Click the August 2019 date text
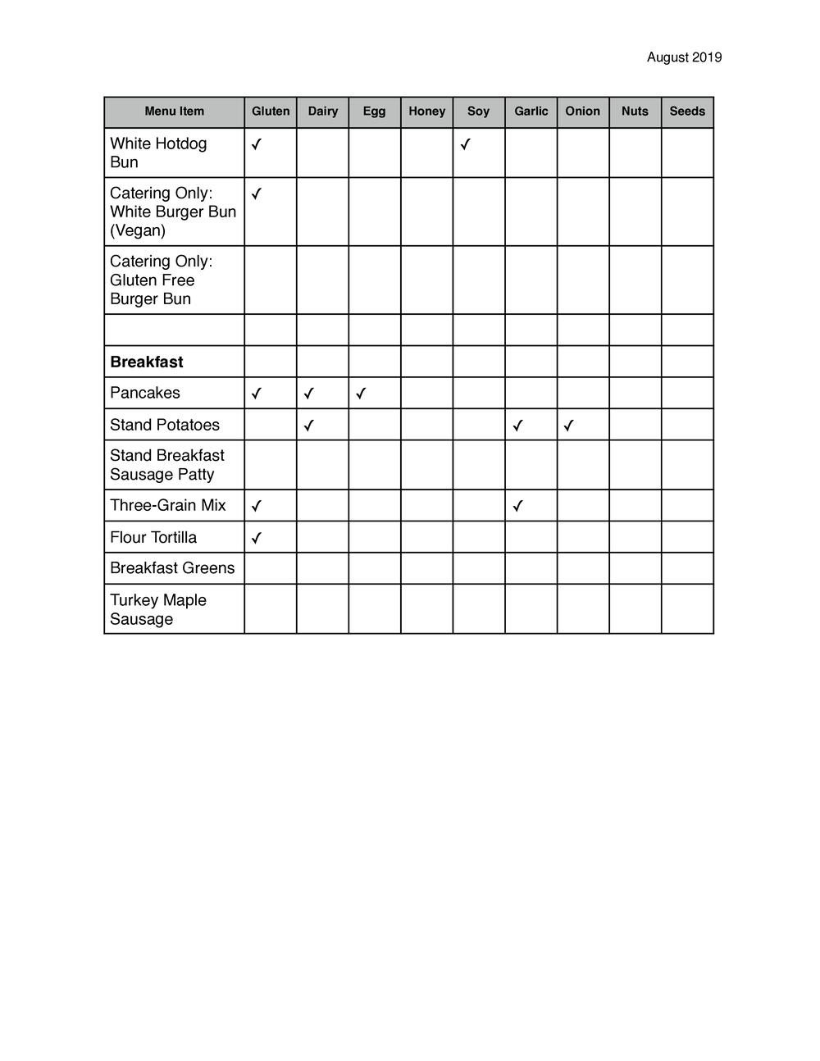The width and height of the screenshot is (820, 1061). [684, 57]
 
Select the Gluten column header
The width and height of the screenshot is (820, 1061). [271, 112]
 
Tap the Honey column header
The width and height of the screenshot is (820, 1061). [426, 112]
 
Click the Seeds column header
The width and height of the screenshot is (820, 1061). [687, 112]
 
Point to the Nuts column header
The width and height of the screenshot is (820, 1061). [635, 112]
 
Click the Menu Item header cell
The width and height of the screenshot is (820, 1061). [174, 112]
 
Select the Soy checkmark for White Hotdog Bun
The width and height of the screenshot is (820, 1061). [465, 144]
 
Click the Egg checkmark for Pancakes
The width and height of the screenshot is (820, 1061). [361, 394]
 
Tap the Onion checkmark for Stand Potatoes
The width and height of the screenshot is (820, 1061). [569, 426]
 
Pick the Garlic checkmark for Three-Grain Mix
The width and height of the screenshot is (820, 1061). [517, 506]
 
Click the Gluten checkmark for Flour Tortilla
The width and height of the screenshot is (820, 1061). [257, 538]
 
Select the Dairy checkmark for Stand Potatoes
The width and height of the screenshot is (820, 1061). [308, 426]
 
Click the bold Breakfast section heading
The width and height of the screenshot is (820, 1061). [147, 362]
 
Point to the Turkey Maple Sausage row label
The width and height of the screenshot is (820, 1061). [158, 609]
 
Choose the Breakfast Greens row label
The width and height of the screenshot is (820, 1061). [172, 568]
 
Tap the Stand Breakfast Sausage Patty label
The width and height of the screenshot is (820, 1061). [167, 465]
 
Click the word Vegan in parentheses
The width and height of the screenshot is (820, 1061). [138, 230]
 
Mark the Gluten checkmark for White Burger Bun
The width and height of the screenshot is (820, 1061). [257, 194]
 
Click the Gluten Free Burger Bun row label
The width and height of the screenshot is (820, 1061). [161, 280]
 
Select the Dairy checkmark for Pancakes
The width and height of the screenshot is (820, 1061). [308, 394]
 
